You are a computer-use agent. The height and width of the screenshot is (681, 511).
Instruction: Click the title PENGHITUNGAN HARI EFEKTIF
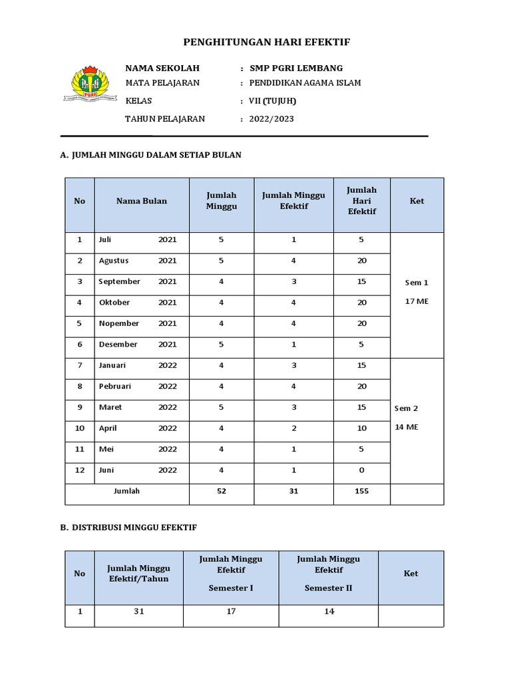pos(266,43)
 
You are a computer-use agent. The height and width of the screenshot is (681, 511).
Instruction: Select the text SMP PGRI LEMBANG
pos(296,68)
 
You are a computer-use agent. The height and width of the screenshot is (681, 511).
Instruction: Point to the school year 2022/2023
pos(271,119)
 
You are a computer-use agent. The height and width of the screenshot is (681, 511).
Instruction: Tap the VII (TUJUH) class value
pos(272,101)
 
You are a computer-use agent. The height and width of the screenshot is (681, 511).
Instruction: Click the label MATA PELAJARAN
pos(162,83)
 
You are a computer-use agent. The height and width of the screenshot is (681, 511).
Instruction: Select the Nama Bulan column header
pos(142,201)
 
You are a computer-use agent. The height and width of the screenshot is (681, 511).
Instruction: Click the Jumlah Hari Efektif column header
pos(361,201)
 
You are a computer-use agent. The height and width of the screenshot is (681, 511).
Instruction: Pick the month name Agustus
pos(114,261)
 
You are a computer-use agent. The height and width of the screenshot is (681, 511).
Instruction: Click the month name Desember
pos(118,344)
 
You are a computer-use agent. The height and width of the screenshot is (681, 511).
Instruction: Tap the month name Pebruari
pos(114,386)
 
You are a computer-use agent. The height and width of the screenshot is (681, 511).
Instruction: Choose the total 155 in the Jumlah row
pos(361,491)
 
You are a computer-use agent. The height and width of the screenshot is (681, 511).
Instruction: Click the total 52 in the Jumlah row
pos(221,491)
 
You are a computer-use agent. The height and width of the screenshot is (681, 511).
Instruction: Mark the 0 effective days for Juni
pos(361,470)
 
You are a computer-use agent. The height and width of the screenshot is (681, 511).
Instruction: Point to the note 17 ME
pos(417,301)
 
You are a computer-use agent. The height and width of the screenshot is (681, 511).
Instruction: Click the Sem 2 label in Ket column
pos(407,408)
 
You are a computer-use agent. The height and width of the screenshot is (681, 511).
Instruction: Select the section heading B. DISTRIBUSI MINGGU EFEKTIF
pos(128,527)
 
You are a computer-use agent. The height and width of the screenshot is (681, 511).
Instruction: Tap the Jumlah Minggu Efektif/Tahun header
pos(138,573)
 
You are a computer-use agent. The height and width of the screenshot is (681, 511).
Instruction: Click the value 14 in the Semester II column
pos(329,612)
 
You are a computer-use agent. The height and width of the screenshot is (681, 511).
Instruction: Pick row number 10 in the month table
pos(80,428)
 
